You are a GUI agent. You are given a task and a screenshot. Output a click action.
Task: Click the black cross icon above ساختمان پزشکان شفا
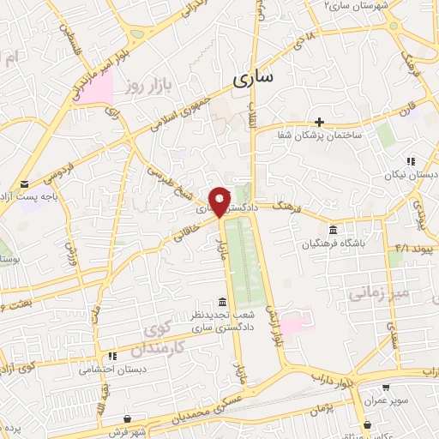[319, 122]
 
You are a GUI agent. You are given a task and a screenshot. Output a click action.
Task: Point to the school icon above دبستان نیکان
[411, 160]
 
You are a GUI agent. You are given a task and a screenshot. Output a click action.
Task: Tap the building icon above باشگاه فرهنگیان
[332, 230]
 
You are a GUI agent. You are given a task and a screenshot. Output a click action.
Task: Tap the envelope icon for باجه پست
[24, 184]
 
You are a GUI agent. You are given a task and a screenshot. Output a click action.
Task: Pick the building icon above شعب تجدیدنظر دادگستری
[223, 301]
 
